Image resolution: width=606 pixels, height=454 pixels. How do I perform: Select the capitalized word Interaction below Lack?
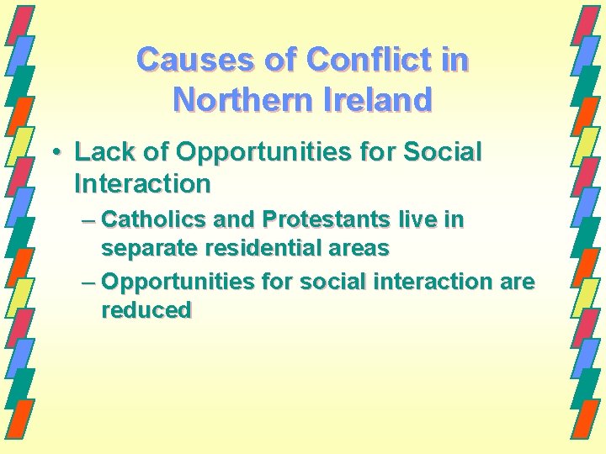(x=142, y=182)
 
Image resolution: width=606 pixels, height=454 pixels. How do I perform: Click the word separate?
(x=148, y=249)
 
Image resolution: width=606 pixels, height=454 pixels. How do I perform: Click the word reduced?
(x=146, y=310)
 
